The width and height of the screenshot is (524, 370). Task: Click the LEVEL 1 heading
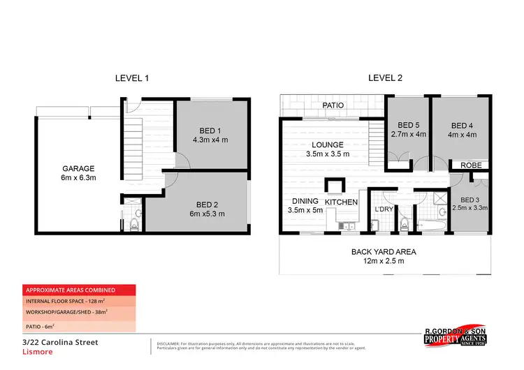[132, 78]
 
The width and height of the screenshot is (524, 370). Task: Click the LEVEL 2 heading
[385, 78]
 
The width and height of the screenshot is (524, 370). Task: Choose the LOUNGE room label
[327, 145]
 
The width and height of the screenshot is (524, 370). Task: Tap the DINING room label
[305, 201]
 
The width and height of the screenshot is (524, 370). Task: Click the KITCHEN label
[341, 202]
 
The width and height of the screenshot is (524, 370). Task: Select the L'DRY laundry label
[384, 209]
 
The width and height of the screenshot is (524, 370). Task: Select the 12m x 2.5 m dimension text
[384, 261]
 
